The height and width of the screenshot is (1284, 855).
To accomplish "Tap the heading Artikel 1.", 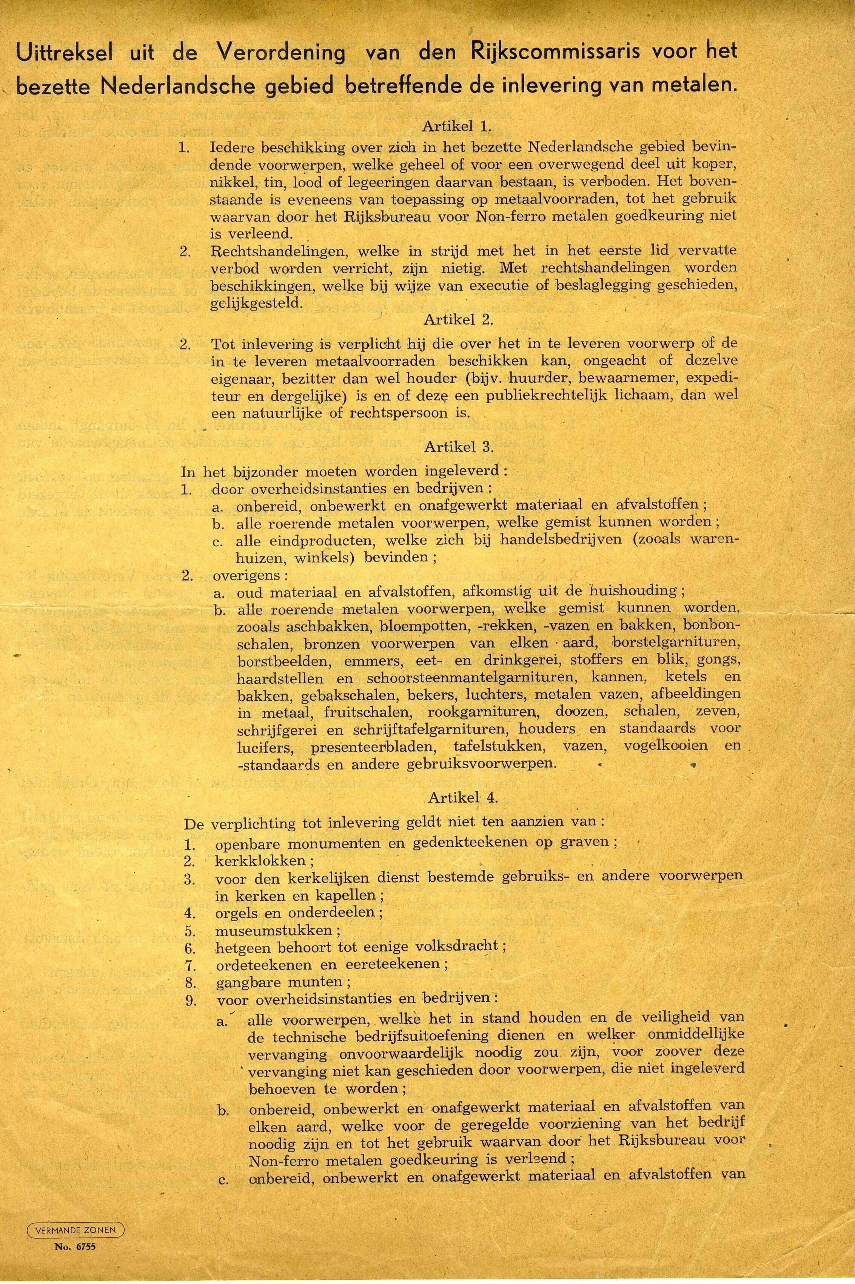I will pos(457,127).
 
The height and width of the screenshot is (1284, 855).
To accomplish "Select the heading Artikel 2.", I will pos(458,320).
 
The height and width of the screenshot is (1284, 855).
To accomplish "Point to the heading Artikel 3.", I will pos(458,447).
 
